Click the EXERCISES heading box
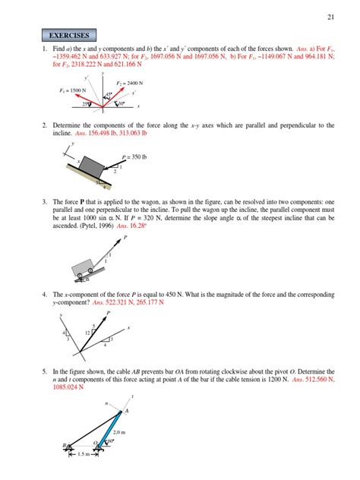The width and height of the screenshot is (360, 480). [x=69, y=35]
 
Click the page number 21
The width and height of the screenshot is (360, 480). [x=330, y=16]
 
